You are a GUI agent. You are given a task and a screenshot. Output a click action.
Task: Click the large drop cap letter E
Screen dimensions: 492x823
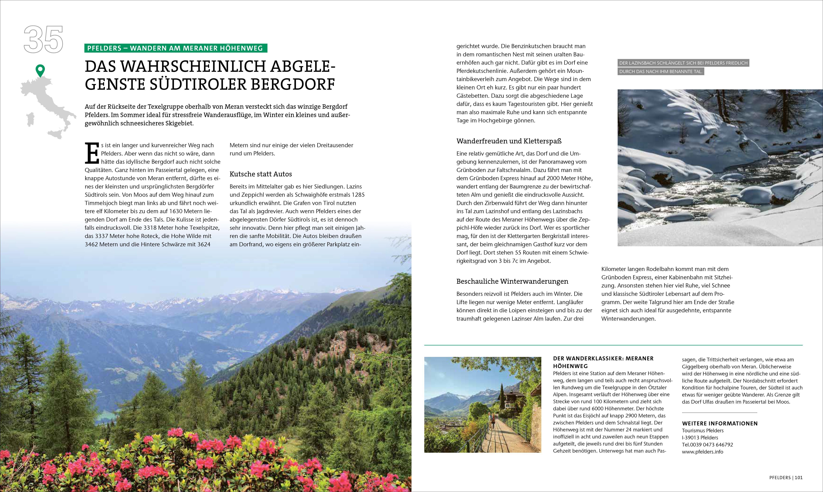[92, 153]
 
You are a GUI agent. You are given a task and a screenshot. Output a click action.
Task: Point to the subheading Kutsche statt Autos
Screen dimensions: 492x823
[260, 174]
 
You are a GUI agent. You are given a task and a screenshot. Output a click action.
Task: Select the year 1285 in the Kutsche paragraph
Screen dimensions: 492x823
[358, 195]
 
